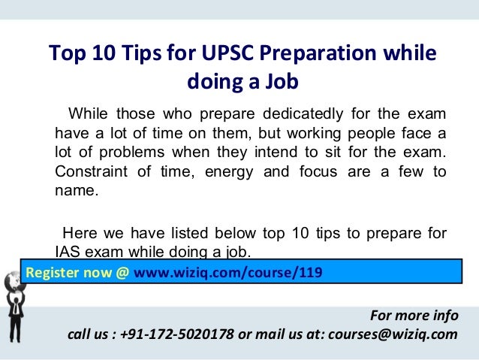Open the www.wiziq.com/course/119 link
[229, 271]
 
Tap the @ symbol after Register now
[122, 271]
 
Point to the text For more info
[414, 315]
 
